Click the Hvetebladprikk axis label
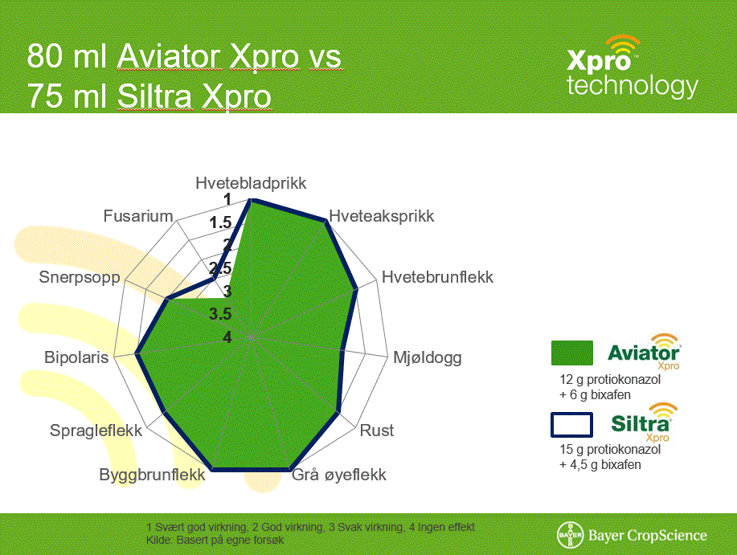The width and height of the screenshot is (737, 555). pos(251,183)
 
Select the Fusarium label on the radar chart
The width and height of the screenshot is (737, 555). pos(138,216)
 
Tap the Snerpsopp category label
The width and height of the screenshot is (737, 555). pos(80,277)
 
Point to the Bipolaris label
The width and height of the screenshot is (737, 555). pos(76,357)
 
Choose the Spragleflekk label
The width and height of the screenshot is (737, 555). pos(96,431)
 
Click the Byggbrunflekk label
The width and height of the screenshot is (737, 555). pos(152,475)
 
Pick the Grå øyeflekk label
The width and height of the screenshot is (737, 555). pos(339,475)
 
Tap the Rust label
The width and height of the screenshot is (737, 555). pos(376,431)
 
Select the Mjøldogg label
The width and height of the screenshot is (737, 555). pos(428,357)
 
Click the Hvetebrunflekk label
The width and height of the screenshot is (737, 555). pos(437,277)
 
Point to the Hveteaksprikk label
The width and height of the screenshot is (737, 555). pos(381,217)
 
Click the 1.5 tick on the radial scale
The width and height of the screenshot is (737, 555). pos(220,222)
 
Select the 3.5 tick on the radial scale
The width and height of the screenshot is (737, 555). pos(220,314)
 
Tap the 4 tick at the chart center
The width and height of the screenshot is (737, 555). pos(227,337)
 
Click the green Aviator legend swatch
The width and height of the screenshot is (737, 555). pos(572,353)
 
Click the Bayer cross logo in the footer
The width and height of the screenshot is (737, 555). pos(570,535)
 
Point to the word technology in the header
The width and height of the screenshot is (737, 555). pos(633,86)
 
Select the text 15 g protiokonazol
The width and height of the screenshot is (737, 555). pos(610,449)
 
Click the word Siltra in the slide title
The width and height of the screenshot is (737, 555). pos(154,96)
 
